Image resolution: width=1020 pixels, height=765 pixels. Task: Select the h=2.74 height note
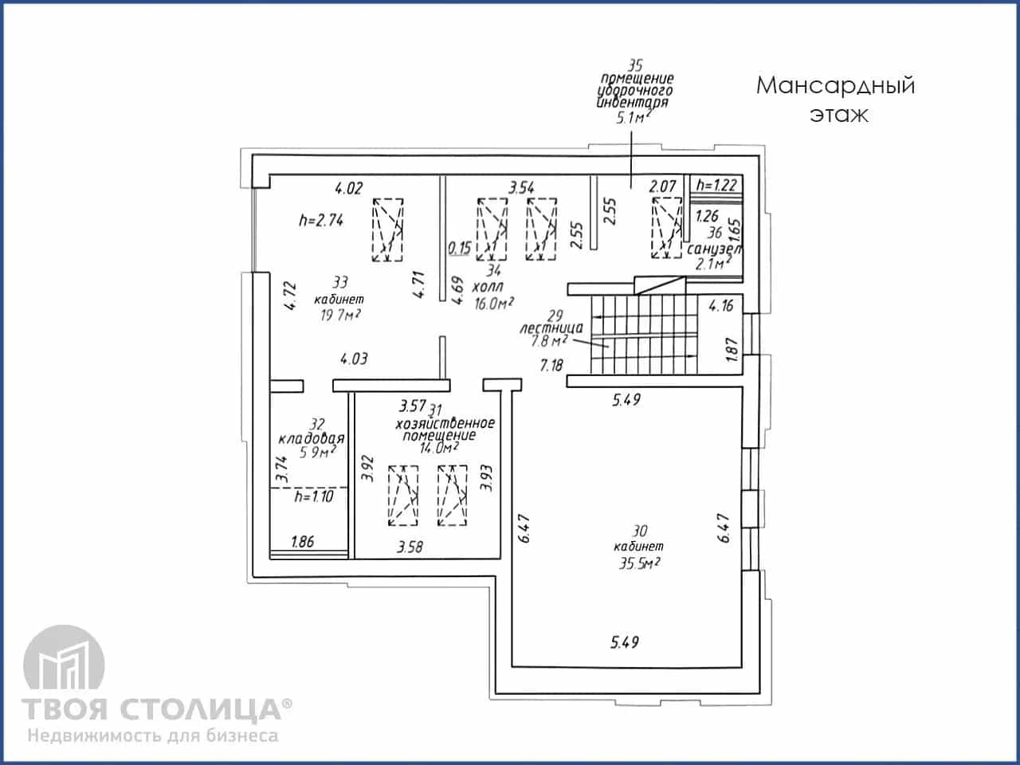(x=321, y=220)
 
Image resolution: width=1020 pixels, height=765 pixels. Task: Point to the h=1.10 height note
(x=314, y=496)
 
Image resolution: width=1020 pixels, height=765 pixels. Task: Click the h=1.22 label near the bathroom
(x=716, y=185)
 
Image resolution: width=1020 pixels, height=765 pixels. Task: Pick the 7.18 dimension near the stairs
(x=551, y=366)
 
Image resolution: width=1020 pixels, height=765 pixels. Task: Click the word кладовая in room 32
(x=312, y=438)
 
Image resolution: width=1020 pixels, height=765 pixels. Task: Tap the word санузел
(x=715, y=249)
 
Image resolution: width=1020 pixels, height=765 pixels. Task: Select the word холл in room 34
(x=488, y=287)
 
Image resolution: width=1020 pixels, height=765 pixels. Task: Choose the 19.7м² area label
(x=340, y=316)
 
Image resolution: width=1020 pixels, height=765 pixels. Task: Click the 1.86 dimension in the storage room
(x=303, y=542)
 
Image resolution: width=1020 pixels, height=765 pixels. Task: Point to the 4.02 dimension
(x=348, y=189)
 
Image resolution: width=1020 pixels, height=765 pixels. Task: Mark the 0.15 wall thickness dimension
(x=460, y=248)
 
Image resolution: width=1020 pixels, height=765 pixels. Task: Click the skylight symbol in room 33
(x=387, y=229)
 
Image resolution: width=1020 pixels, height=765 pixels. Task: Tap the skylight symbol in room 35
(x=667, y=227)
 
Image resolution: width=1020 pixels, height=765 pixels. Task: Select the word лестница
(x=551, y=328)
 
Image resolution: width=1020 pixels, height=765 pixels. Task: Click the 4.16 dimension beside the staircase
(x=721, y=306)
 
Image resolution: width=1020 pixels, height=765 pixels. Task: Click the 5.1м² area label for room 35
(x=632, y=117)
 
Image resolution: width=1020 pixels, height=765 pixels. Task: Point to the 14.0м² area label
(x=439, y=448)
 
